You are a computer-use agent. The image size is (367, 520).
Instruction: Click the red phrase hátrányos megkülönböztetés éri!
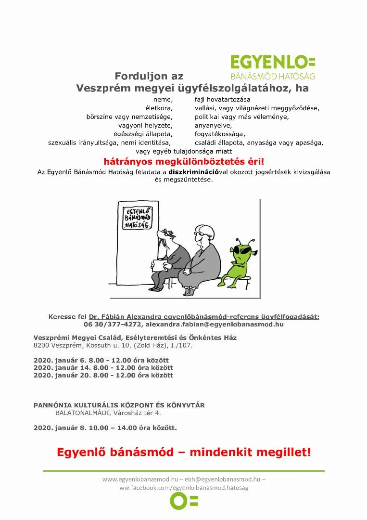click(184, 162)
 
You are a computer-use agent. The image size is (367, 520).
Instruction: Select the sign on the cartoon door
click(138, 218)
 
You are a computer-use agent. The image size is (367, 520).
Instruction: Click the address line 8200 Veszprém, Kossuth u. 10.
click(113, 346)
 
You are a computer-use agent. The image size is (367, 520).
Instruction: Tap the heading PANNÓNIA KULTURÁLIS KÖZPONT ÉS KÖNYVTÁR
click(119, 405)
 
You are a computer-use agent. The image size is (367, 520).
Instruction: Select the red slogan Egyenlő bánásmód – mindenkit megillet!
click(184, 452)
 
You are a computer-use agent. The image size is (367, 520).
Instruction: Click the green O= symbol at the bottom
click(184, 501)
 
